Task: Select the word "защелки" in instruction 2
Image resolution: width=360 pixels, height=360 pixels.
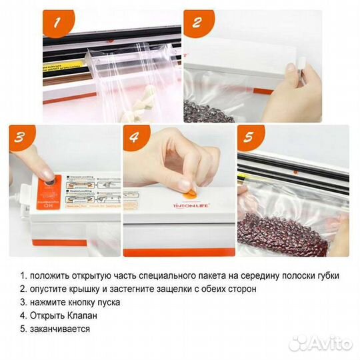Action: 171,289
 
